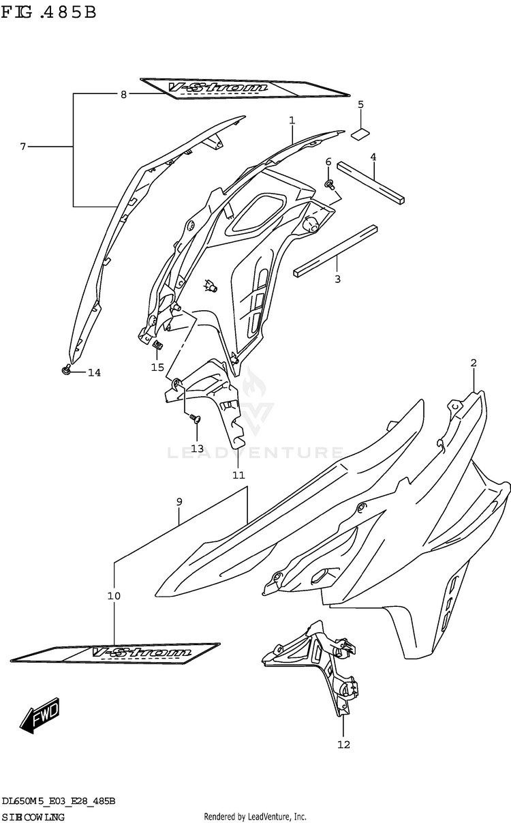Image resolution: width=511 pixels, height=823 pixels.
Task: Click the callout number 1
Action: pos(292,121)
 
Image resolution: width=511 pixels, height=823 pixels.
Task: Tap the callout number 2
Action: pos(473,363)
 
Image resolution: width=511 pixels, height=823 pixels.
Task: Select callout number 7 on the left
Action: pos(22,147)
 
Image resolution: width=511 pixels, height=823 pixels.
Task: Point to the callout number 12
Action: pos(343,745)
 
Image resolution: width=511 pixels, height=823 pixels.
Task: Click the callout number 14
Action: pos(94,372)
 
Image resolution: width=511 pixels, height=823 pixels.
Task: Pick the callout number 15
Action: pos(157,368)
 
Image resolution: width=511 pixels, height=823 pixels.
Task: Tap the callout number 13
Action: pos(197,448)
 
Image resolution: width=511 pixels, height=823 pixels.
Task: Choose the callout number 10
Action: pos(114,596)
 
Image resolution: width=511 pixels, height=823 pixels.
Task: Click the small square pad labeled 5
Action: pos(361,133)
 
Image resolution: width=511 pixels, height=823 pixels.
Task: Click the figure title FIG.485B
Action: pos(48,13)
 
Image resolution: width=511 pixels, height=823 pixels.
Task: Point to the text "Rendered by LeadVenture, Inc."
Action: pos(255,816)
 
